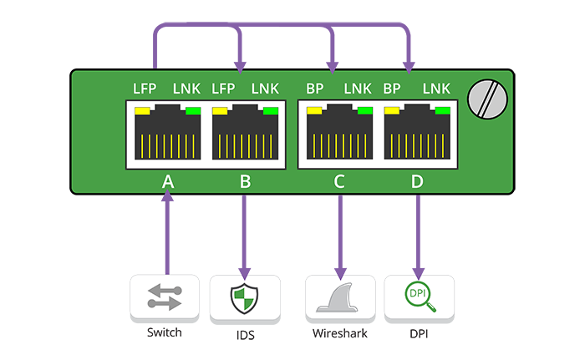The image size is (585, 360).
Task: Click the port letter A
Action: point(167,181)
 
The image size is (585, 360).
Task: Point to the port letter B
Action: point(245,181)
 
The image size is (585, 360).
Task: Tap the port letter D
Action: point(418,181)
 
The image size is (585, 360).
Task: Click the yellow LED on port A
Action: point(142,110)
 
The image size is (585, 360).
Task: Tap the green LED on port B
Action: point(270,110)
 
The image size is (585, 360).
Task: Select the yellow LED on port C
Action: point(315,110)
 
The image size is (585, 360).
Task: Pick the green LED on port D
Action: point(442,110)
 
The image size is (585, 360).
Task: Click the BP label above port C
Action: point(314,88)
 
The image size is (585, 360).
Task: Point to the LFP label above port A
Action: point(145,88)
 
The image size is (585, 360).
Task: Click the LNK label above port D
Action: point(436,88)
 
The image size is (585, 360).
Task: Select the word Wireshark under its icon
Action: point(340,332)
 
